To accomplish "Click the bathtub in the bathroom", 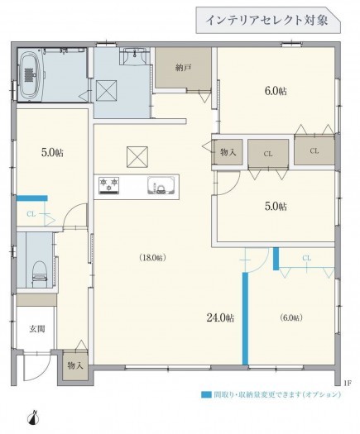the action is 30,75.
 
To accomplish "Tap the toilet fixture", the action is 41,274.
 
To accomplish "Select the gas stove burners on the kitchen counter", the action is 109,185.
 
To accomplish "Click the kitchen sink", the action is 161,185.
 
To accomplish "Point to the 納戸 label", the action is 184,68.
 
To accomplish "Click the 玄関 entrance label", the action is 37,329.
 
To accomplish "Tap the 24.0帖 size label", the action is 220,317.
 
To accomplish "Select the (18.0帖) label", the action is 153,258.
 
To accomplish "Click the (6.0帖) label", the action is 291,317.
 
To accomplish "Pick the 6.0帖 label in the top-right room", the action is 276,91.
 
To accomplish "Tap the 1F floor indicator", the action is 348,384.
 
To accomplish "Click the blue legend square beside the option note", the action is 205,394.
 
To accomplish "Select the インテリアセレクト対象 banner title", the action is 266,21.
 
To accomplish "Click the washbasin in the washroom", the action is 135,56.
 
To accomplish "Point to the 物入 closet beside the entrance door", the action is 75,365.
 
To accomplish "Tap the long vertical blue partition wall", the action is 245,318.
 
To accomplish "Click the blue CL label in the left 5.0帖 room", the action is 31,214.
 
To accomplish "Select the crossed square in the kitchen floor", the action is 137,157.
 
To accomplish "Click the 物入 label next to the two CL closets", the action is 228,152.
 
